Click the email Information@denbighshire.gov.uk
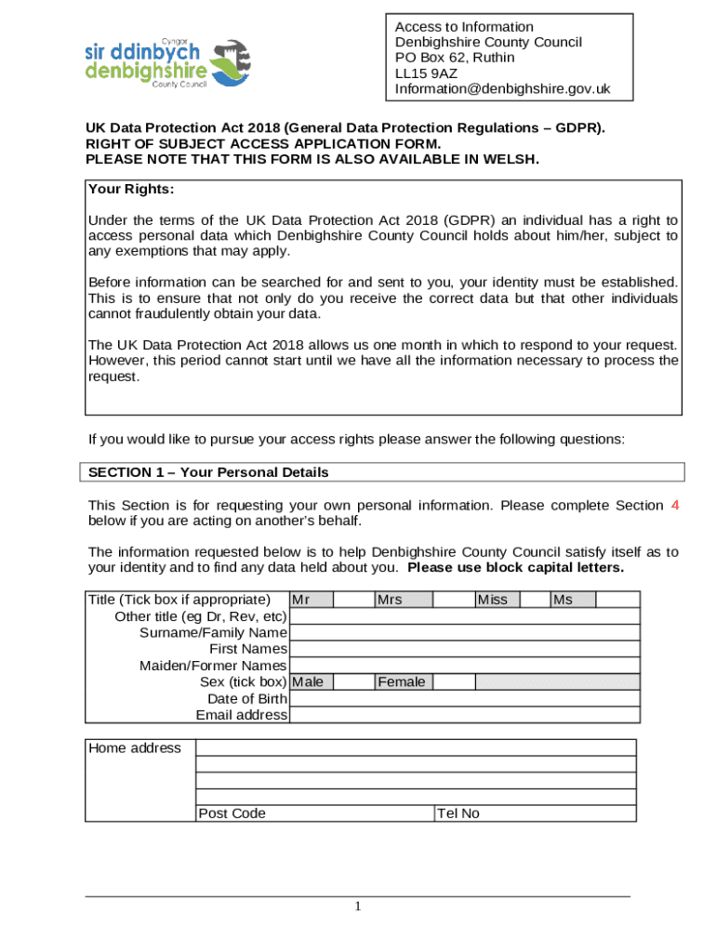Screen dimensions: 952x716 pos(502,89)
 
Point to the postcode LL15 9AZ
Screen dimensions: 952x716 pos(426,73)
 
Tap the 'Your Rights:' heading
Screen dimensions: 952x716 pos(131,190)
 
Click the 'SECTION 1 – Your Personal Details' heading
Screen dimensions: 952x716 pos(208,472)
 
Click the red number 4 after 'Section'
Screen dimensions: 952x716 pos(674,506)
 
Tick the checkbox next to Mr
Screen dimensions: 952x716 pos(353,600)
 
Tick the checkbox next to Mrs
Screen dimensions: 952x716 pos(455,600)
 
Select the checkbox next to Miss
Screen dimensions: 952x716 pos(536,600)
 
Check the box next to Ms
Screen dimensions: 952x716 pos(617,600)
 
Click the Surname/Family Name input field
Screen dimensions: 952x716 pos(464,633)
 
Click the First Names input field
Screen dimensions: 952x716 pos(464,649)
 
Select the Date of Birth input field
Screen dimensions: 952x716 pos(464,698)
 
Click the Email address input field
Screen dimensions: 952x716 pos(464,715)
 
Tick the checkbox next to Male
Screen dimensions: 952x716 pos(353,682)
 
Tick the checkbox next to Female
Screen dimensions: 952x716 pos(455,682)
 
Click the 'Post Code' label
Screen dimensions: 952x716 pos(232,813)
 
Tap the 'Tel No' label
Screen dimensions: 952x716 pos(458,813)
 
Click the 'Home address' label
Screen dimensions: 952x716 pos(135,748)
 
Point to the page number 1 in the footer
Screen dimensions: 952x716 pos(358,907)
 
